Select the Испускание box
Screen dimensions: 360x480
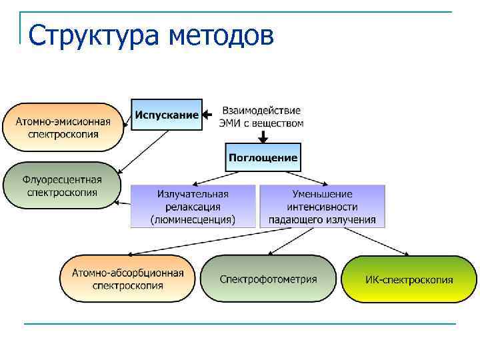(x=167, y=115)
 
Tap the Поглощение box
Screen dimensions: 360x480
(x=263, y=158)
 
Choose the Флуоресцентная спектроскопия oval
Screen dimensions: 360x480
(x=62, y=185)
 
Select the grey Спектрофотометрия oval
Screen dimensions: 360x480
(x=269, y=279)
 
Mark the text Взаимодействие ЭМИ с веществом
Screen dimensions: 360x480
(x=261, y=117)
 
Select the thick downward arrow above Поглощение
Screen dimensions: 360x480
(x=263, y=137)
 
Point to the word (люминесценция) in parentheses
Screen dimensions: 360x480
(x=193, y=219)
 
